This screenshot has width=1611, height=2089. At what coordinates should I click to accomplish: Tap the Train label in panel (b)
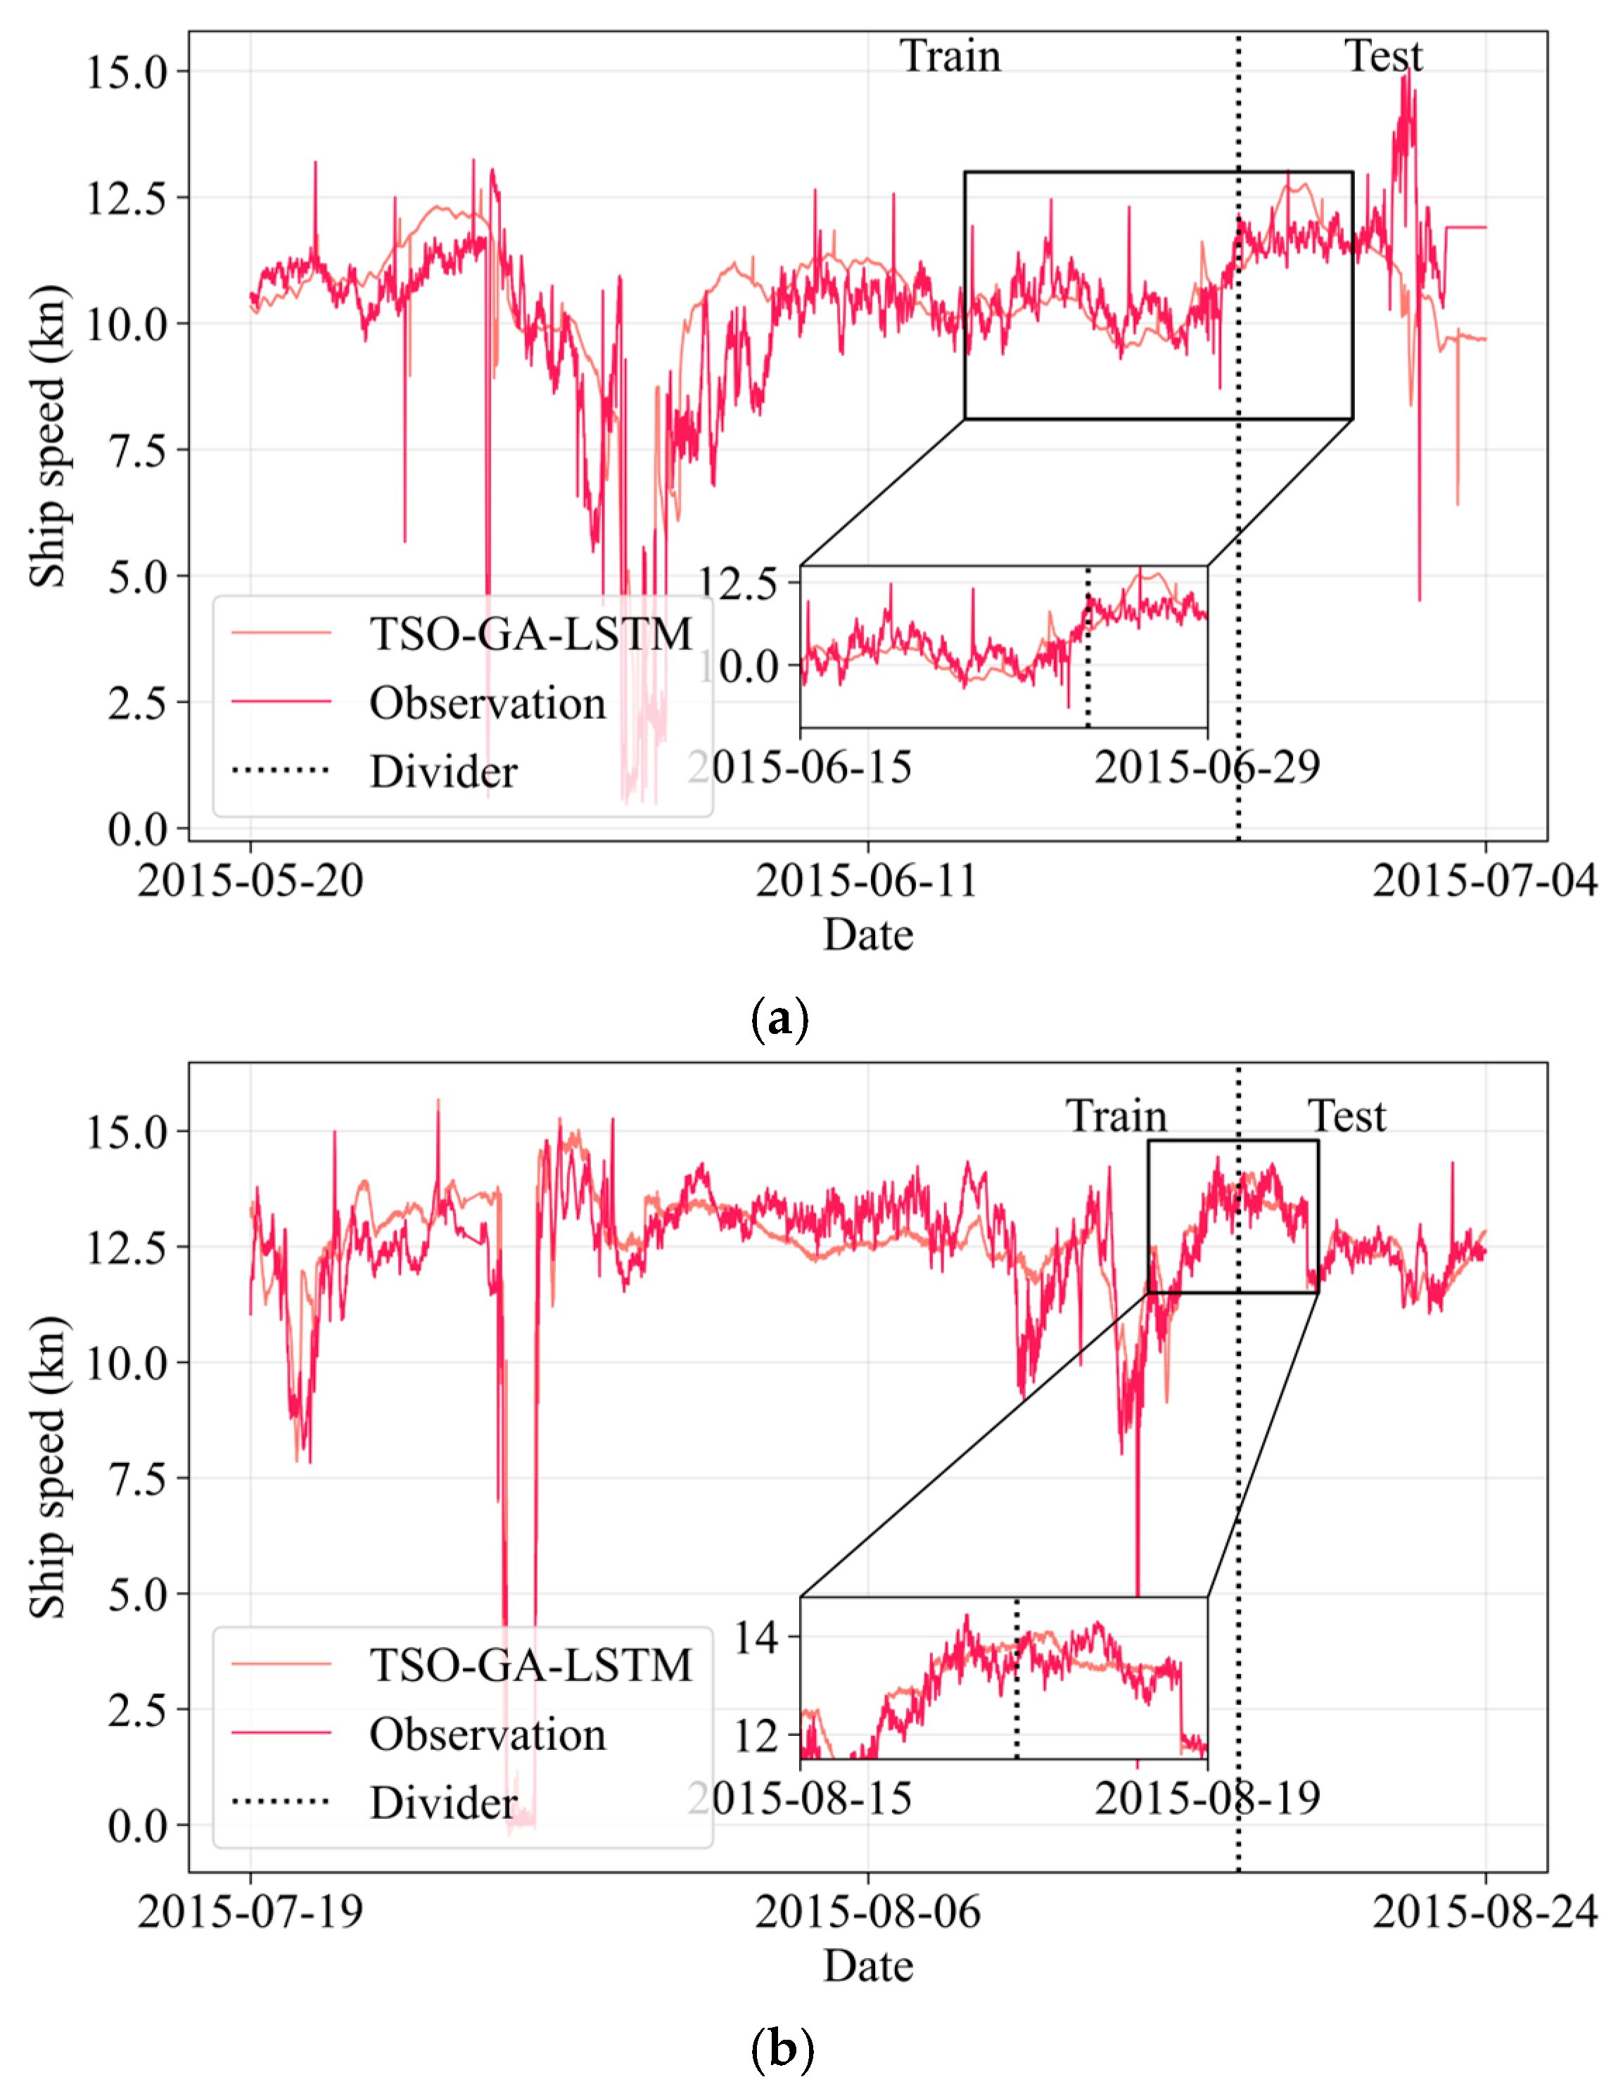click(x=1116, y=1116)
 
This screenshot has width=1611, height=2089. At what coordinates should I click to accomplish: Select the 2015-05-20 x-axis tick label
click(x=250, y=880)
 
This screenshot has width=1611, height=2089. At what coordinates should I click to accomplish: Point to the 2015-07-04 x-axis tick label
click(x=1484, y=880)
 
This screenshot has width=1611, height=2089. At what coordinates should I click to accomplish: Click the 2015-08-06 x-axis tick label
click(x=867, y=1912)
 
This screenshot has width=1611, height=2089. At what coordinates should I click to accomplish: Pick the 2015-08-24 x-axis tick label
click(x=1484, y=1912)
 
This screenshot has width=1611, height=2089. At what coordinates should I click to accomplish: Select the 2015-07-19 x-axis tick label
click(x=250, y=1912)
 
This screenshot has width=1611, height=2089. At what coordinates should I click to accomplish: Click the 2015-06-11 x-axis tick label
click(x=867, y=880)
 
